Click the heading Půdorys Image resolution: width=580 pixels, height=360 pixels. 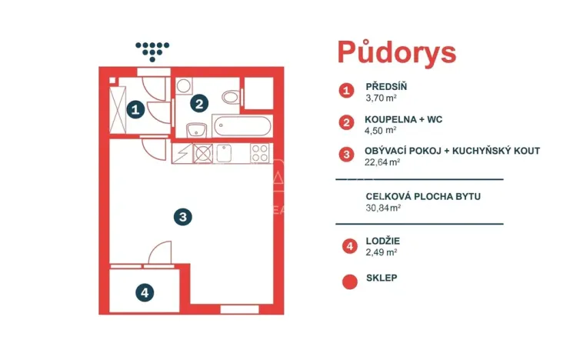pos(396,52)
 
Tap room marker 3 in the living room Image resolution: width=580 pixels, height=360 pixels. pos(182,216)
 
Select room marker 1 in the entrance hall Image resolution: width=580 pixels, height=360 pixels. pos(136,110)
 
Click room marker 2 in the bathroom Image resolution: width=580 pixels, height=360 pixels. pos(198,103)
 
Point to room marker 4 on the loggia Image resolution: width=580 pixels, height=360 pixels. pos(144,292)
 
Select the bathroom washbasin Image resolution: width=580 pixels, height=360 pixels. pos(196,128)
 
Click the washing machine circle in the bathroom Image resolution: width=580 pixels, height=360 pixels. pos(185,86)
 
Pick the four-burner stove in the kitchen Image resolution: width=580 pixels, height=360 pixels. pos(259,153)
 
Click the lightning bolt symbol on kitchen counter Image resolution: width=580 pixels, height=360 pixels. pos(182,153)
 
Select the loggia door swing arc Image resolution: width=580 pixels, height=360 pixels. pos(160,252)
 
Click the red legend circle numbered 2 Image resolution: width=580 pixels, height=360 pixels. pos(348,122)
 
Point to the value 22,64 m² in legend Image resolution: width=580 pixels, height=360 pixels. pos(382,162)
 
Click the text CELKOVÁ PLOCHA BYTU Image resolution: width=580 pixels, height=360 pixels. pos(424,196)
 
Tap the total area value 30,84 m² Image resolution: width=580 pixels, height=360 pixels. pos(383,208)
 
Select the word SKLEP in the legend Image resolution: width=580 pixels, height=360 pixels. pos(382,278)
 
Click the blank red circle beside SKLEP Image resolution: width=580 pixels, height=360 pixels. pos(349,281)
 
